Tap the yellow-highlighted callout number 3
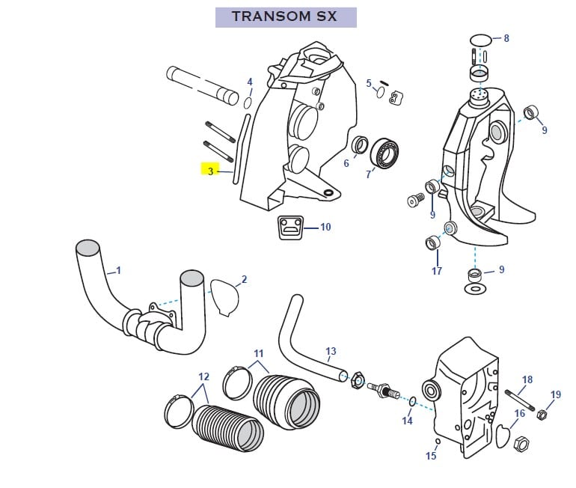210,171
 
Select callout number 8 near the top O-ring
506,38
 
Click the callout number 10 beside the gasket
325,227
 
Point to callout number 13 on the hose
331,350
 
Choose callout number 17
436,271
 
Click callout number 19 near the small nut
555,394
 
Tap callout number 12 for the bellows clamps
203,376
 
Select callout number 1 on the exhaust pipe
118,269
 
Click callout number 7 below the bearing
368,174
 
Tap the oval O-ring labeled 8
482,39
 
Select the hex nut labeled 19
542,413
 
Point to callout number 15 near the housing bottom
431,456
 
